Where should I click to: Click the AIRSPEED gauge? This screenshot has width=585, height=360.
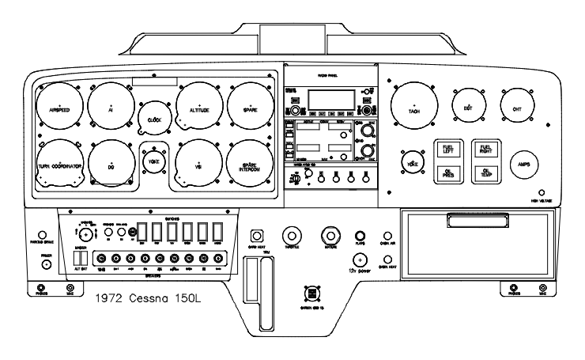[59, 110]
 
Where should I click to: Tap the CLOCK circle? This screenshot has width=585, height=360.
[154, 118]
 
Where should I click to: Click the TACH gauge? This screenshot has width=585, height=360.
[413, 109]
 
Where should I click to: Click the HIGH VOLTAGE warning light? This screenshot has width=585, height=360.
[541, 191]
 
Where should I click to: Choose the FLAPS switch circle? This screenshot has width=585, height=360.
[360, 236]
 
